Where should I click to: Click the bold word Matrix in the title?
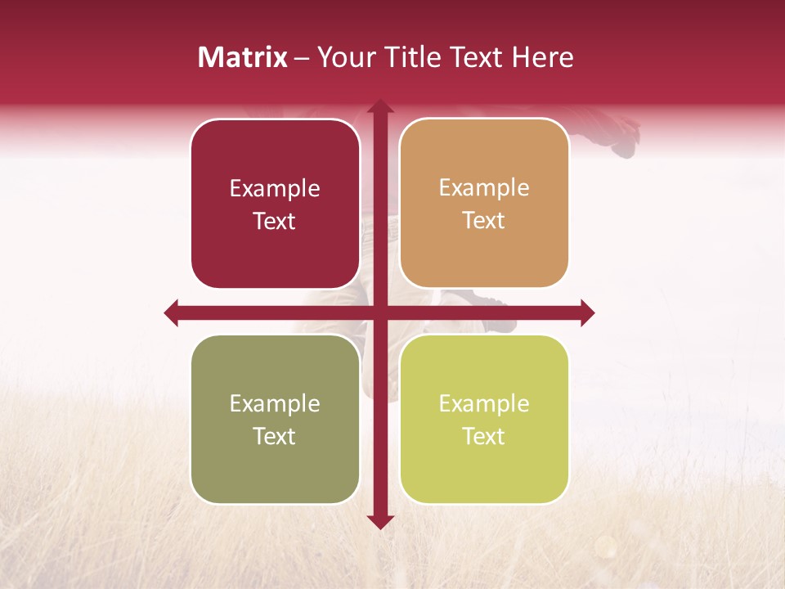[243, 57]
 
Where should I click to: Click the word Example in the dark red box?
[275, 188]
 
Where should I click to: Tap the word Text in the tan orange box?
[484, 221]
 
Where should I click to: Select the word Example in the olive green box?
[275, 403]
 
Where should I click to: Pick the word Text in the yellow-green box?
[484, 436]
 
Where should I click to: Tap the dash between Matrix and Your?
[302, 58]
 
